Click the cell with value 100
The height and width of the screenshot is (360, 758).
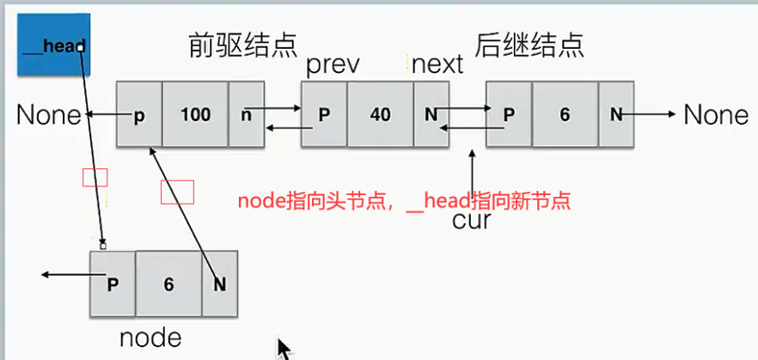[195, 114]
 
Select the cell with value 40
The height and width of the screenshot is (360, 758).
[380, 114]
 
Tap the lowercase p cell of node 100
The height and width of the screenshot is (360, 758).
[138, 114]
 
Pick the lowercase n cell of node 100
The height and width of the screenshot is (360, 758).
[247, 114]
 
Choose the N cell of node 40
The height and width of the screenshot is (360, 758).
[431, 114]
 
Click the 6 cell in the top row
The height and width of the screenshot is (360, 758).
[565, 114]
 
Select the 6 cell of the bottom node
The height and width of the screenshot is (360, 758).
[168, 283]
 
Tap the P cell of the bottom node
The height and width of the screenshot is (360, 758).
[113, 283]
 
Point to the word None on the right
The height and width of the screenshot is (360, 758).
[716, 115]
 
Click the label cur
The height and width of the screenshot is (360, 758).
[471, 221]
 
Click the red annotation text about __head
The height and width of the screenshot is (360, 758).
[405, 201]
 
